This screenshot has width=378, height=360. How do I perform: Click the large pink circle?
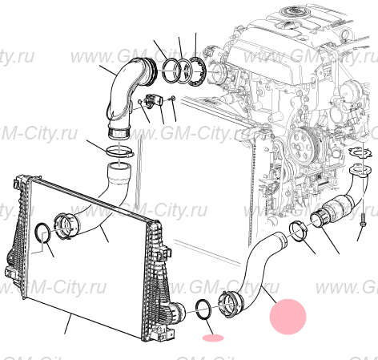[x=288, y=317]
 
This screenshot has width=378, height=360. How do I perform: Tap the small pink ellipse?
[x=213, y=338]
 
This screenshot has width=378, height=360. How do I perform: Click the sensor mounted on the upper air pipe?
[x=154, y=100]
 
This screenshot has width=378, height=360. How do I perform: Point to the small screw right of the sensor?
[x=172, y=99]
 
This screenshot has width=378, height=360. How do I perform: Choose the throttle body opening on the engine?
[x=217, y=73]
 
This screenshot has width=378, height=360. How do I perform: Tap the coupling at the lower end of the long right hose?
[x=231, y=305]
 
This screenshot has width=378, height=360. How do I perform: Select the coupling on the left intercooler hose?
[x=66, y=225]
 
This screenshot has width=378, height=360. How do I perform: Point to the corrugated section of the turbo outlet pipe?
[x=339, y=205]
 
